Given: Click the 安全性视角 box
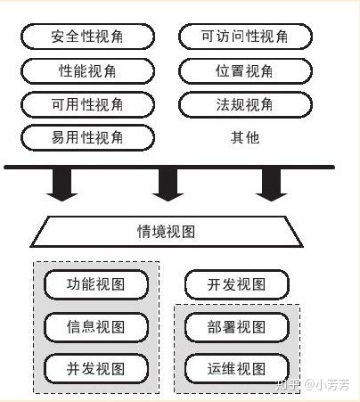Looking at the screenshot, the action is tap(87, 37).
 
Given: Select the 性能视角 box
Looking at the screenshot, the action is tap(87, 71).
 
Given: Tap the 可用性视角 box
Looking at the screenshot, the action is tap(87, 104).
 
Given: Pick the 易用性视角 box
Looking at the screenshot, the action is tap(87, 137).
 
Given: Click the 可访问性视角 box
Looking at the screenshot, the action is tap(245, 37).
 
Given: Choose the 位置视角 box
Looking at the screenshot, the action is tap(245, 71).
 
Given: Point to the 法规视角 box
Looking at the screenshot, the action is tap(245, 104).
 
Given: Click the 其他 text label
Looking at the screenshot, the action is tap(245, 137).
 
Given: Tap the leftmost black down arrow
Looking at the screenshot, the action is tap(62, 185).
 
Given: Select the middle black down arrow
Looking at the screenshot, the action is tap(168, 185).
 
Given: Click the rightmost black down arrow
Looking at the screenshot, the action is tap(272, 185).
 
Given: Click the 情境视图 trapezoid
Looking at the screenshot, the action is tap(167, 232).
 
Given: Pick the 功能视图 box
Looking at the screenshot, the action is tap(96, 284).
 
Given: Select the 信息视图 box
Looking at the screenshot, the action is tap(96, 327).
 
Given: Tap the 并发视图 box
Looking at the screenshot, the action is tap(96, 369).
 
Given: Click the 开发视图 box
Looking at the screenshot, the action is tap(237, 284).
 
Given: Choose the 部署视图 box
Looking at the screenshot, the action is tap(237, 327).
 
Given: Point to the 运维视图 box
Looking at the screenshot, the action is tap(237, 369).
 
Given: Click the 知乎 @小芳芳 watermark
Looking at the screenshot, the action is tap(313, 385).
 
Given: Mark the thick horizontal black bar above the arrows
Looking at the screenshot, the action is tap(169, 168).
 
